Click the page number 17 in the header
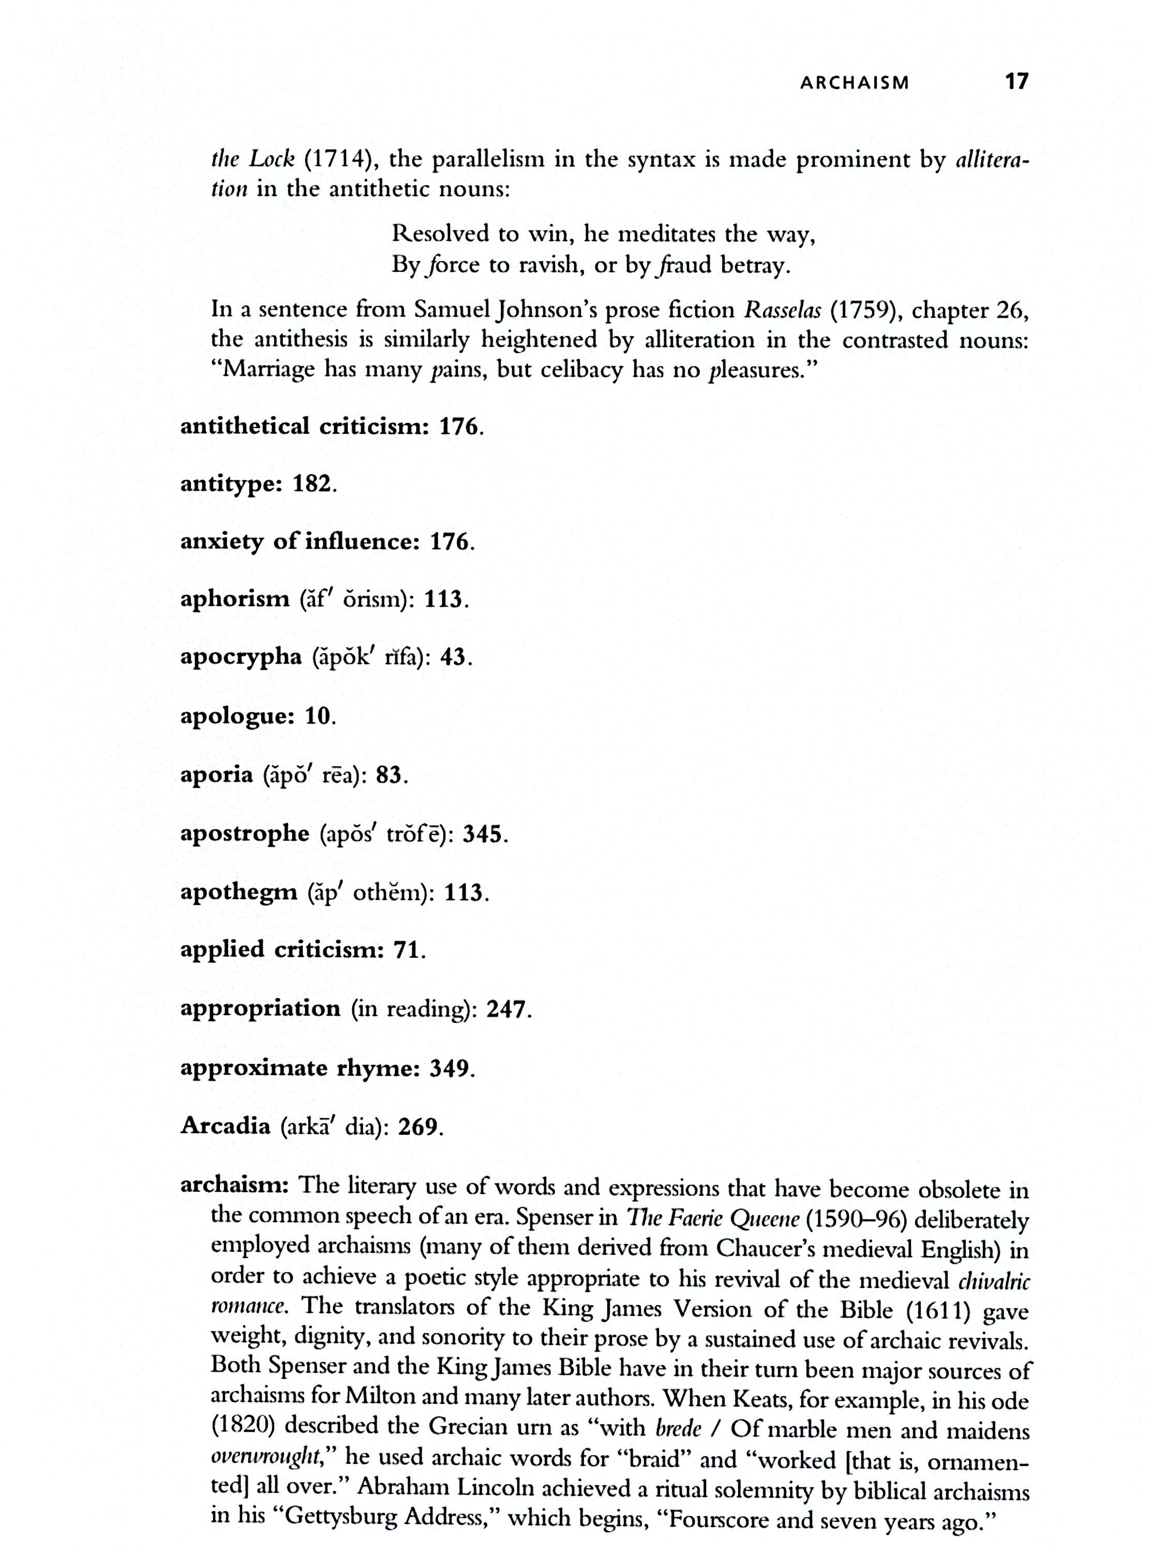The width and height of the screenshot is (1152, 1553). (x=1016, y=82)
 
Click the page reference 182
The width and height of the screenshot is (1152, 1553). (x=312, y=484)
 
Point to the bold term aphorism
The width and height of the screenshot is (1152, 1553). (x=234, y=599)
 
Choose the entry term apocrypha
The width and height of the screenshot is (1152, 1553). (x=241, y=658)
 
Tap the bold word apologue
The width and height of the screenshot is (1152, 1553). (x=235, y=716)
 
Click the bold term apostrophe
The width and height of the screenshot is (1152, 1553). (x=244, y=834)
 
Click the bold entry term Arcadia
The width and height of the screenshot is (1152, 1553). (x=225, y=1126)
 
